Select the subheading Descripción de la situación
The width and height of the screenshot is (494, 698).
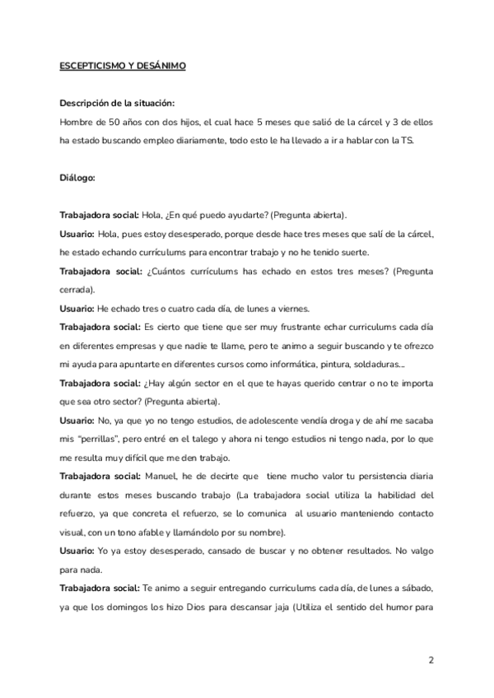(117, 103)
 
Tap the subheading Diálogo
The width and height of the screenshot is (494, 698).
(78, 177)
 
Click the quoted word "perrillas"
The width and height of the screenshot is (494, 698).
(96, 438)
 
